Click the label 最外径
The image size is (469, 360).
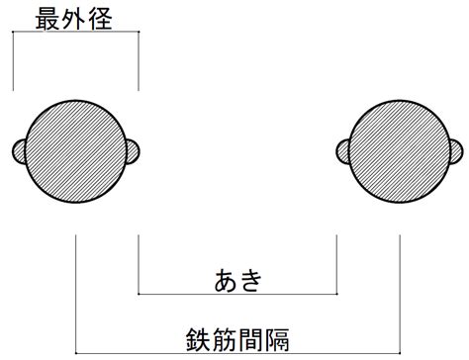(73, 19)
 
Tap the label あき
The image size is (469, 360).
(238, 280)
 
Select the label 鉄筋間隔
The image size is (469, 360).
(237, 340)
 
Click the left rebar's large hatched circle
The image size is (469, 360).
(76, 151)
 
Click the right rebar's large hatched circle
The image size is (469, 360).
(400, 151)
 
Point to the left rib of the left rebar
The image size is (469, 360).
(19, 151)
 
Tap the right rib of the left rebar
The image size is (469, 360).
(133, 151)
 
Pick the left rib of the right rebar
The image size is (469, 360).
(343, 151)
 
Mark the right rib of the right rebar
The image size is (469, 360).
(457, 151)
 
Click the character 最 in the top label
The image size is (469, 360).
(47, 19)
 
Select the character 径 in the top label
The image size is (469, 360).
(100, 19)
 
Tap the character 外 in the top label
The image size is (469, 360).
(73, 19)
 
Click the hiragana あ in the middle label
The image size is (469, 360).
(226, 280)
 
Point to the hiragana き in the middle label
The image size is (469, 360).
(251, 280)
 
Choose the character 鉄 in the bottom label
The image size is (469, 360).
(198, 340)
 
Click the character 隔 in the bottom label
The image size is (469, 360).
(277, 340)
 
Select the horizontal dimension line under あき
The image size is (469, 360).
(237, 294)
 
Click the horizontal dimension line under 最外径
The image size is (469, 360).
(75, 32)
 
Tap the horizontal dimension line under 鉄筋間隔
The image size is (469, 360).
(237, 353)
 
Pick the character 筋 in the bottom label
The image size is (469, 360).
(225, 340)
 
